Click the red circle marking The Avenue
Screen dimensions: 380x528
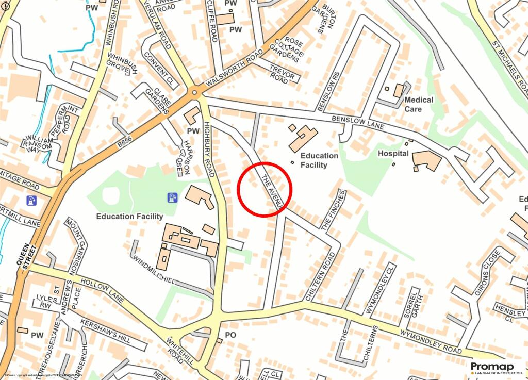click(x=265, y=190)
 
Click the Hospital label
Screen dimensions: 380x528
click(x=393, y=154)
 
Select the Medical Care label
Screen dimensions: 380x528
click(x=419, y=104)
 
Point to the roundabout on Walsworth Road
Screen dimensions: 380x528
click(x=194, y=93)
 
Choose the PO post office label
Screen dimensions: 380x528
click(x=230, y=335)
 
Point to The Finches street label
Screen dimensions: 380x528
click(x=333, y=210)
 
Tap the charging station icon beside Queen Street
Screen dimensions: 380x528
click(x=32, y=200)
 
